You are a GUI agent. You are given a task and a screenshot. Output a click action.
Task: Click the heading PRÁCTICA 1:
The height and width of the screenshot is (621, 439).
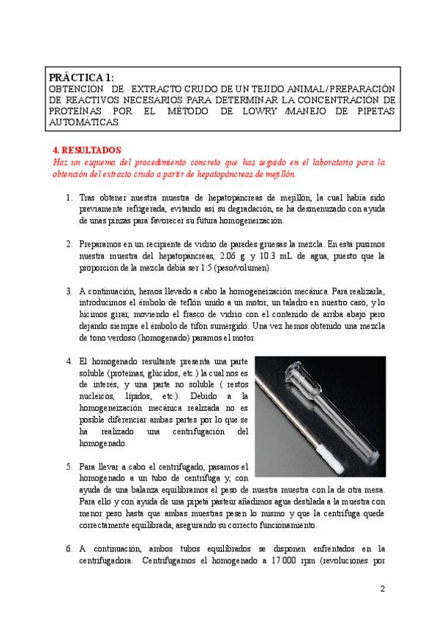coord(80,77)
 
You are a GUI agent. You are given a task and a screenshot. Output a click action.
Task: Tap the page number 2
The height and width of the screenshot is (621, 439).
coord(382,589)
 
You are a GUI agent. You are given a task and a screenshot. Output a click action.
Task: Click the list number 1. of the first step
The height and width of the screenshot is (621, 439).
coord(69,198)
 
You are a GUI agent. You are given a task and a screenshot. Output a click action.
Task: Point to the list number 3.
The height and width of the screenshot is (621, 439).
coord(69,290)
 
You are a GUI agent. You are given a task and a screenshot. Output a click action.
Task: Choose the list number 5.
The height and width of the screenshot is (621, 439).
coord(69,466)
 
